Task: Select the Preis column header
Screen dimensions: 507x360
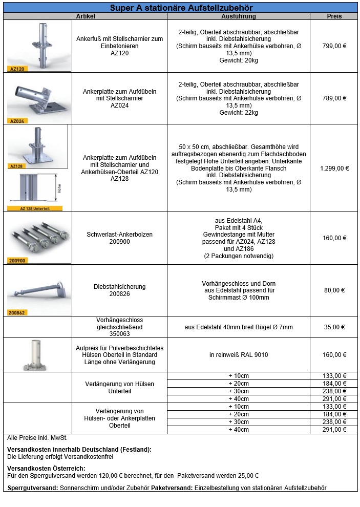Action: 334,16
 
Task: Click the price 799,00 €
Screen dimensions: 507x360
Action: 334,46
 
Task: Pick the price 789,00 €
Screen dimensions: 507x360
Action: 334,98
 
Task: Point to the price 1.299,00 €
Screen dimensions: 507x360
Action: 334,168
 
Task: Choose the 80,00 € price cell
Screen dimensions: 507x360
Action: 334,290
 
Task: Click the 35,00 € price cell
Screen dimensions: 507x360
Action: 334,327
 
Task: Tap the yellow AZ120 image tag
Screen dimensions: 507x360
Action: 17,69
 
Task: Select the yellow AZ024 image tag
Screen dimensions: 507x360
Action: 17,121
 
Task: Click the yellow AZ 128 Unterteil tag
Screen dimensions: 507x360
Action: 35,208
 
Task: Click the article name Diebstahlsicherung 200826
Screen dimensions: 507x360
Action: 119,290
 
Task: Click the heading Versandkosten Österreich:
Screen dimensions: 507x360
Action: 46,468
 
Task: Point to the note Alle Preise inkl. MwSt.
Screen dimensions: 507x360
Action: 37,438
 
